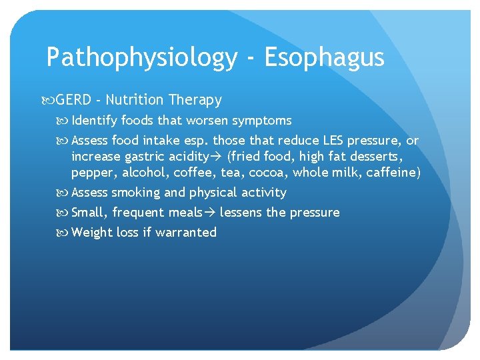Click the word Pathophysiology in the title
(141, 58)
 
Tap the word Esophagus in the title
(325, 58)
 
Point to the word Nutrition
(134, 100)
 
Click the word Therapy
(195, 100)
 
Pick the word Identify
(93, 121)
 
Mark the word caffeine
(392, 173)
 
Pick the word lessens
(241, 213)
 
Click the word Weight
(90, 233)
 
